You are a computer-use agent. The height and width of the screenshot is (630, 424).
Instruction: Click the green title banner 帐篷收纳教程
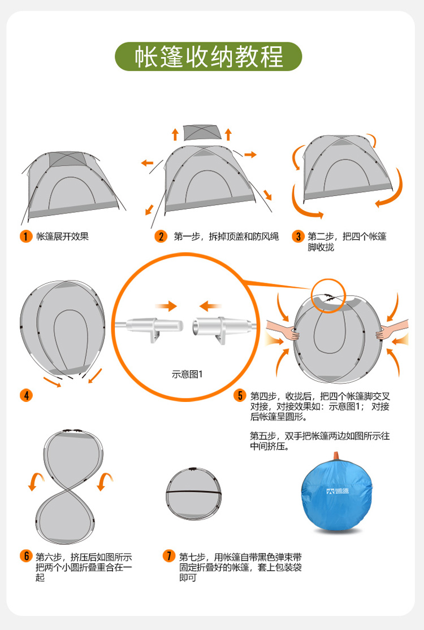click(x=209, y=56)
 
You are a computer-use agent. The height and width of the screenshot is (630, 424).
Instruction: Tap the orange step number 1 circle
click(x=26, y=236)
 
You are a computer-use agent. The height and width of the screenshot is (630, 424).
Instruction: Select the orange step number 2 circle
click(x=161, y=236)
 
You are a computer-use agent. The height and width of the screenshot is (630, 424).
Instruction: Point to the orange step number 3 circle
click(x=298, y=236)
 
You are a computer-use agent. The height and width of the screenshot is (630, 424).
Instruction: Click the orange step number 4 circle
click(x=26, y=395)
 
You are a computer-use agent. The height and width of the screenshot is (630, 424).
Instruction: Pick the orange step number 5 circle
click(x=240, y=395)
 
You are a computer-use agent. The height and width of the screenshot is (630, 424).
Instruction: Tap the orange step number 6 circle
click(x=26, y=556)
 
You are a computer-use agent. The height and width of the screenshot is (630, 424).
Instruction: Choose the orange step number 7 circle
click(x=169, y=556)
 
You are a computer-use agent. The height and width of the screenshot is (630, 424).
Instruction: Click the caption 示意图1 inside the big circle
click(x=187, y=374)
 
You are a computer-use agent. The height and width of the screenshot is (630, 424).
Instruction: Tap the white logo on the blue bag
click(x=338, y=491)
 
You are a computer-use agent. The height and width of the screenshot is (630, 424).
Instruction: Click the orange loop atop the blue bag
click(x=336, y=456)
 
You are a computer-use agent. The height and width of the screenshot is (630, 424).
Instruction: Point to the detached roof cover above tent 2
click(x=202, y=133)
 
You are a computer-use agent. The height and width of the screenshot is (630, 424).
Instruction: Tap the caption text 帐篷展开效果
click(x=63, y=236)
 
